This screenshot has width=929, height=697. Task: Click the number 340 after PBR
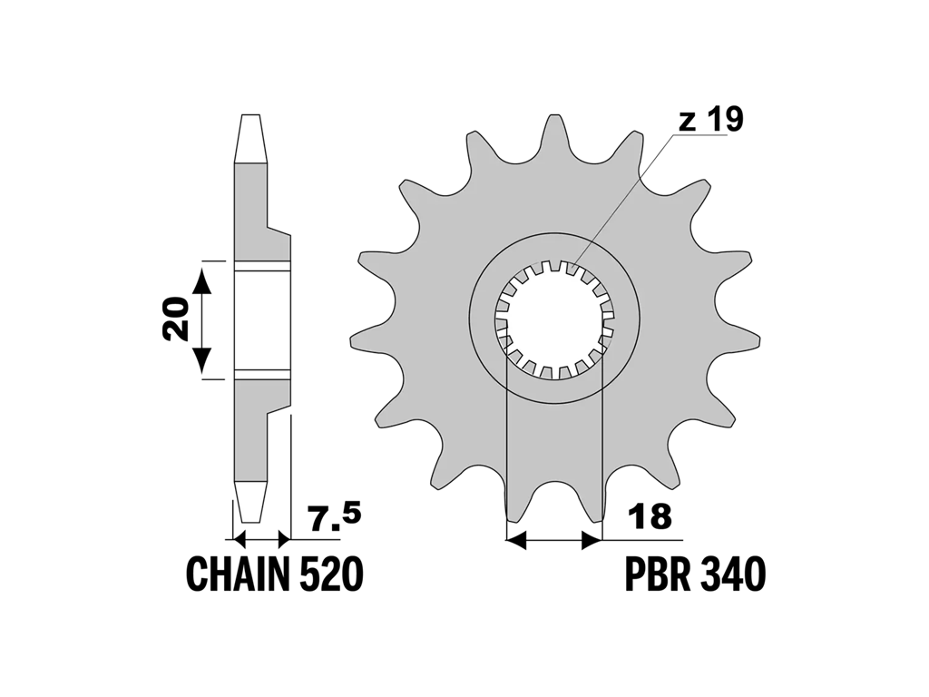[x=731, y=574]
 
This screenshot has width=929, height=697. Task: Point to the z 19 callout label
[x=710, y=121]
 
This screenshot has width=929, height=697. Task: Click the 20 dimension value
[x=177, y=319]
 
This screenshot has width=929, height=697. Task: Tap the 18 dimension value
[x=650, y=516]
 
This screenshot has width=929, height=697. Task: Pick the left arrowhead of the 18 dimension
[x=516, y=540]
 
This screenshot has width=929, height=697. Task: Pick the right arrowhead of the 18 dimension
[x=592, y=540]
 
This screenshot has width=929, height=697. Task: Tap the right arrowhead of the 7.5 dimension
[x=284, y=540]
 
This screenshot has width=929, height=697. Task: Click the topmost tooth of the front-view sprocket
[x=554, y=133]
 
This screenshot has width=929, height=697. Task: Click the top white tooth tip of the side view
[x=250, y=138]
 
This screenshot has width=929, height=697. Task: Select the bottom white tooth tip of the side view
[x=250, y=501]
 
